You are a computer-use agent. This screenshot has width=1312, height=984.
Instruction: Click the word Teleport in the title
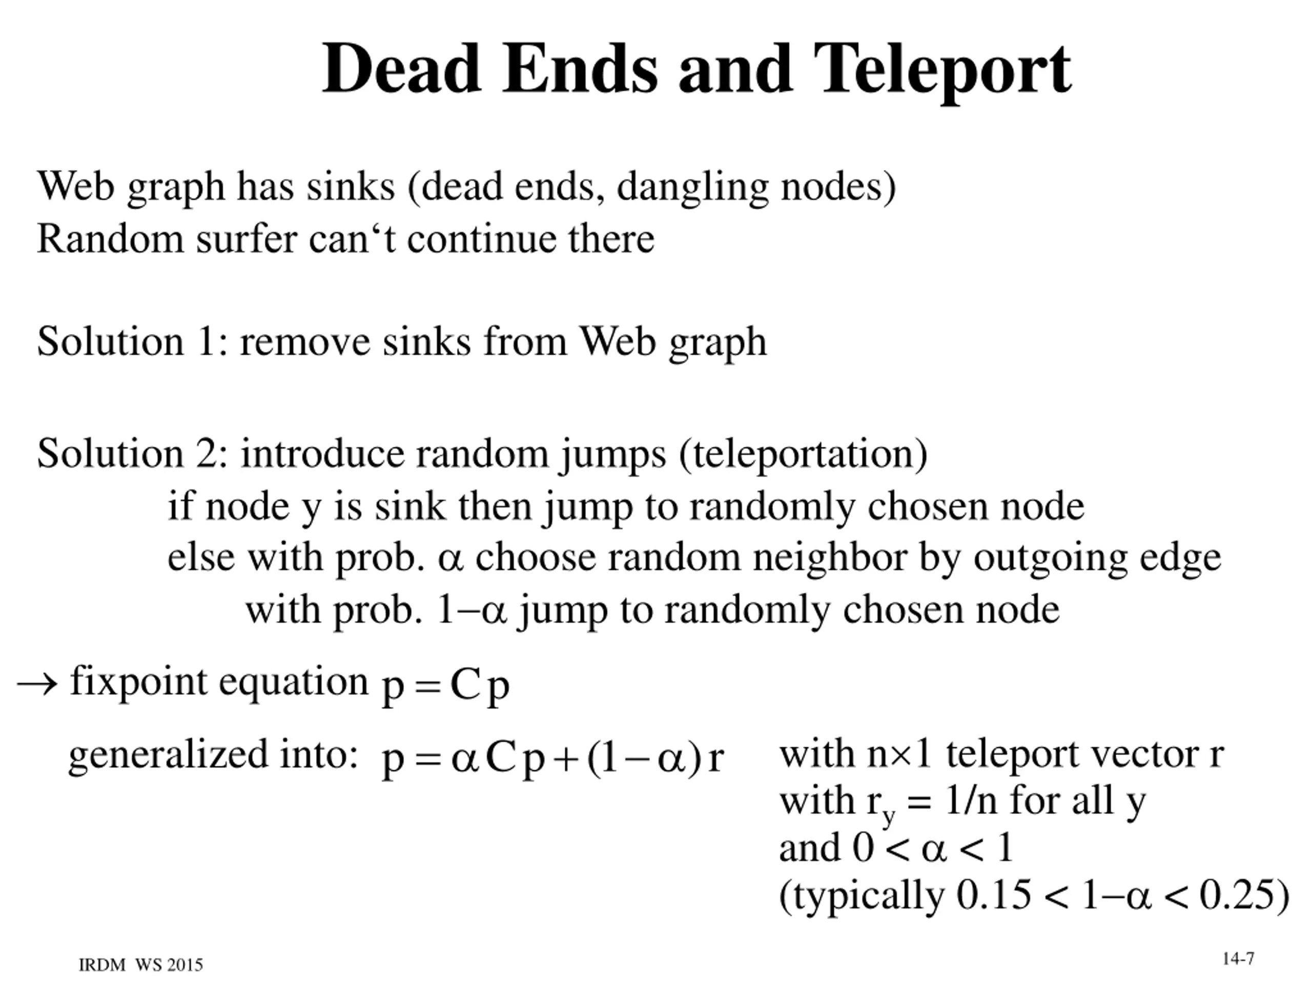[x=942, y=70]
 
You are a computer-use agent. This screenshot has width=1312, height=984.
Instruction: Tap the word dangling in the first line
[x=692, y=188]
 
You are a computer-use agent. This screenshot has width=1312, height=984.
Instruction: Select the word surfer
[x=246, y=238]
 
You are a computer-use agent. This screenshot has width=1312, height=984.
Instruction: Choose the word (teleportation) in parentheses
[x=803, y=454]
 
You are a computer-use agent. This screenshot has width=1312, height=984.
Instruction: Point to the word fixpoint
[x=139, y=682]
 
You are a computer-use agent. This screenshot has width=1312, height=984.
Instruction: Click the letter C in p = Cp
[x=464, y=685]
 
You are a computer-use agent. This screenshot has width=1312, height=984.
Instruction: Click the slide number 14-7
[x=1238, y=959]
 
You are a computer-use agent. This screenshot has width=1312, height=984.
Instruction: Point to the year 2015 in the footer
[x=184, y=966]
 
